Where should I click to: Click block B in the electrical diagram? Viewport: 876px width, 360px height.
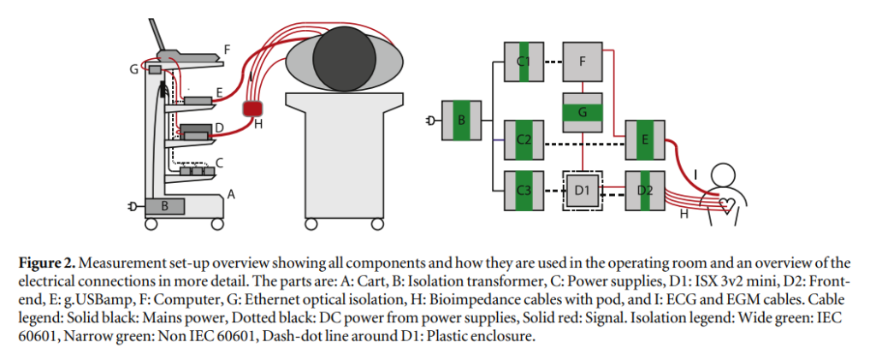(461, 120)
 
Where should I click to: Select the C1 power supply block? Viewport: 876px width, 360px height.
(524, 62)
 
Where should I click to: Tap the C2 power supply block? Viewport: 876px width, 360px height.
(524, 139)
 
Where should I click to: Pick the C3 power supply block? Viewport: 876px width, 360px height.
(524, 191)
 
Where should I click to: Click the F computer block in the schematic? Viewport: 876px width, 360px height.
(582, 62)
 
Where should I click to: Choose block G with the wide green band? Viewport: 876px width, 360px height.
(582, 112)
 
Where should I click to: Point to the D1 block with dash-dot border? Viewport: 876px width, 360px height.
(582, 191)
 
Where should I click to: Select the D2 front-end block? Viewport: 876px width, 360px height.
(645, 191)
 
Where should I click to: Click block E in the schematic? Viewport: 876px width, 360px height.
(645, 139)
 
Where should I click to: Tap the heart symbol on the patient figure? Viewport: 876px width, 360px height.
(727, 206)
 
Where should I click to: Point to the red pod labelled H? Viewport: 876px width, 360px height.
(253, 109)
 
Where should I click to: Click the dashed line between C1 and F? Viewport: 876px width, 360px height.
(553, 62)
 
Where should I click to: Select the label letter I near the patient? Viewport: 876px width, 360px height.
(695, 175)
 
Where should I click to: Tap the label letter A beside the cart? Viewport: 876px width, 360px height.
(231, 194)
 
